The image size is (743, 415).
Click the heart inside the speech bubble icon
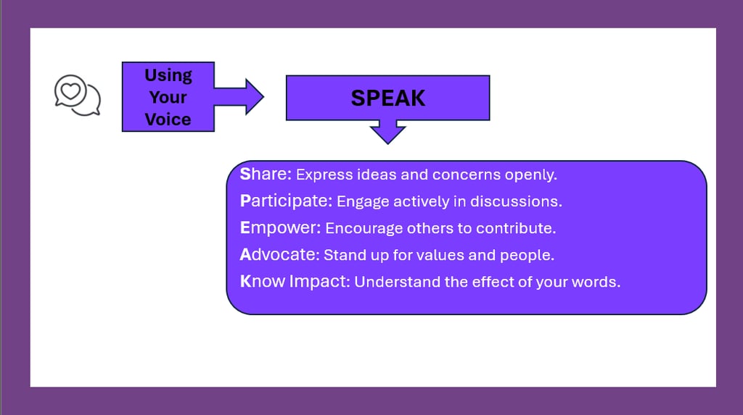tap(70, 91)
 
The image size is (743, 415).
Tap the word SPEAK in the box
tap(388, 98)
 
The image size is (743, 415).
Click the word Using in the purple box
tap(168, 76)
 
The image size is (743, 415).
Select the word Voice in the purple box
tap(168, 120)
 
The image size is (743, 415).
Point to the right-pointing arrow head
tap(254, 96)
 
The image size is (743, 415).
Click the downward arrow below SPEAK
tap(387, 132)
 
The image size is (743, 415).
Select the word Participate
tap(286, 201)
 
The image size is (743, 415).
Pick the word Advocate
tap(279, 255)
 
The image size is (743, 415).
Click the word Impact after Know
tap(319, 282)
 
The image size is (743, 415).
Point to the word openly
tap(530, 175)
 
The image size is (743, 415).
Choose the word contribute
tap(516, 229)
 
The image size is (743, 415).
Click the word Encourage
tap(364, 229)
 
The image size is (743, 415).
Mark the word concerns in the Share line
tap(467, 175)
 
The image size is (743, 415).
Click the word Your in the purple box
tap(168, 98)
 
